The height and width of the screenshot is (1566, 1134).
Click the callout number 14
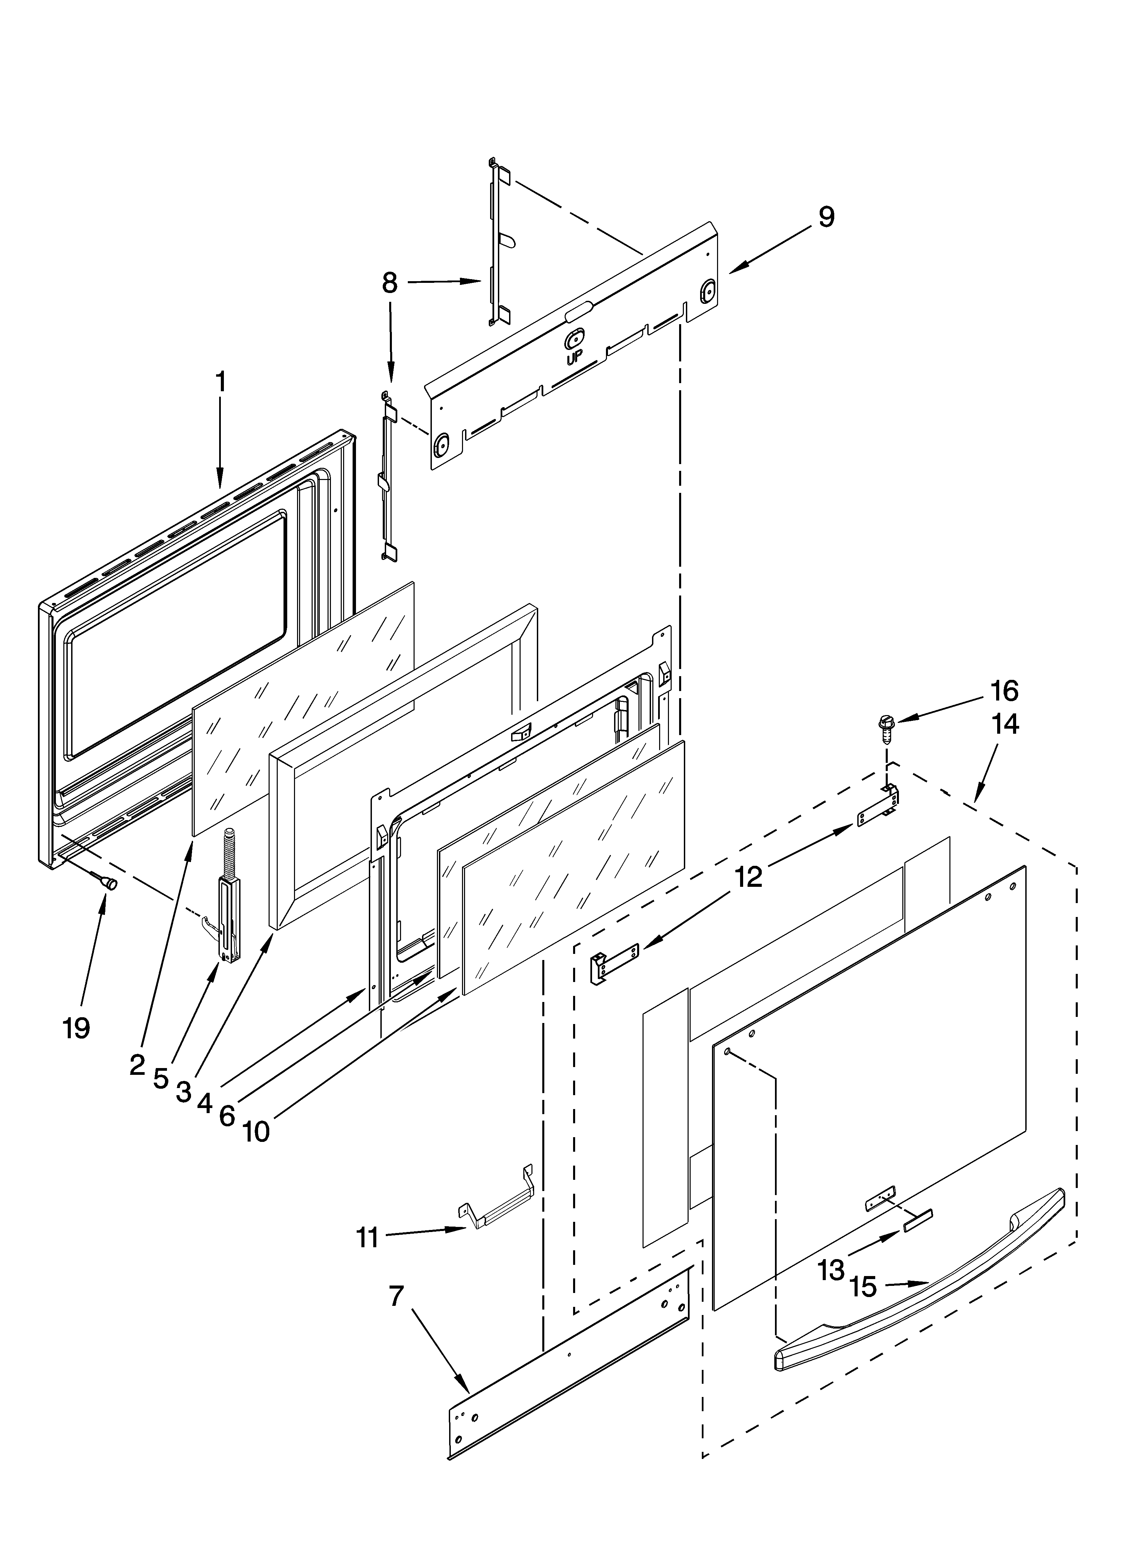1004,724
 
